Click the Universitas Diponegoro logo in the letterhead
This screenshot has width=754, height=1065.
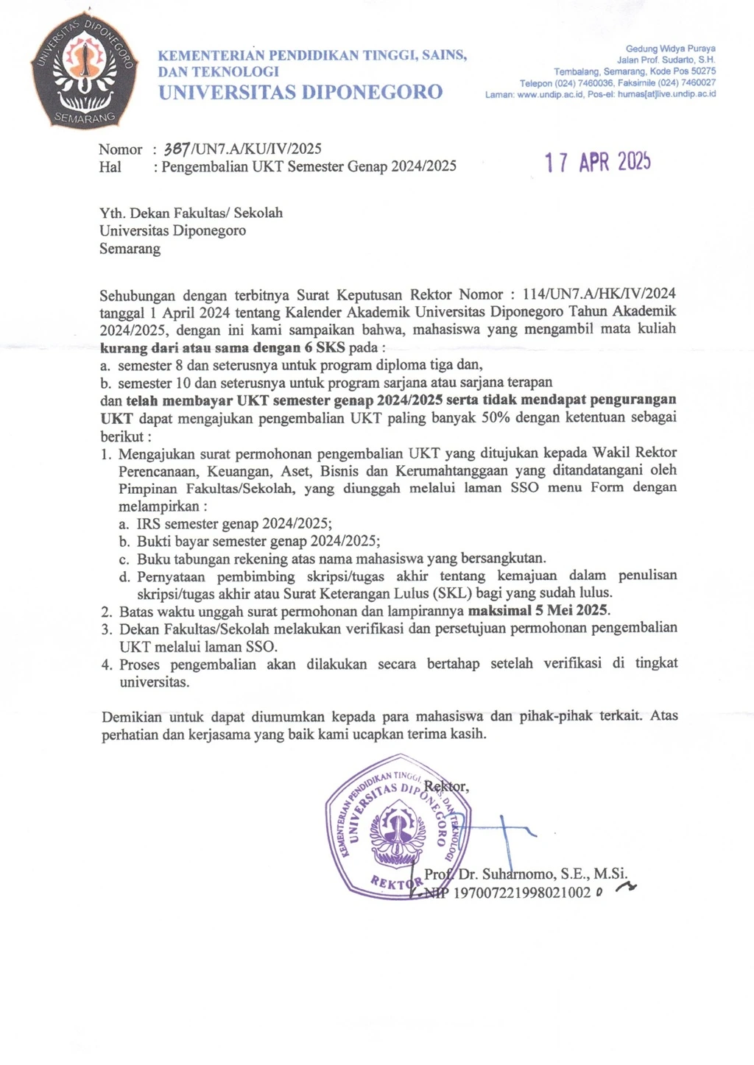click(x=83, y=74)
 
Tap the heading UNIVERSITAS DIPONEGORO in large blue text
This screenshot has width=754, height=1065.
click(x=300, y=92)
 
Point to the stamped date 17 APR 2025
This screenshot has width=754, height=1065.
click(x=597, y=162)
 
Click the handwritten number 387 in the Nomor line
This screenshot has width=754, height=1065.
click(x=177, y=149)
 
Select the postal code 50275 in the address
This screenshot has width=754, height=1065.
click(x=700, y=71)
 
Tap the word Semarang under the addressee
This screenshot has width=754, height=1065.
click(x=130, y=248)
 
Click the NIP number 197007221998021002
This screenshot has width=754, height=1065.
click(x=522, y=893)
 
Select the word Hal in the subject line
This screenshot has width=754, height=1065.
click(x=110, y=166)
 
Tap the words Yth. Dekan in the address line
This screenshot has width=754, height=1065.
click(x=131, y=213)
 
